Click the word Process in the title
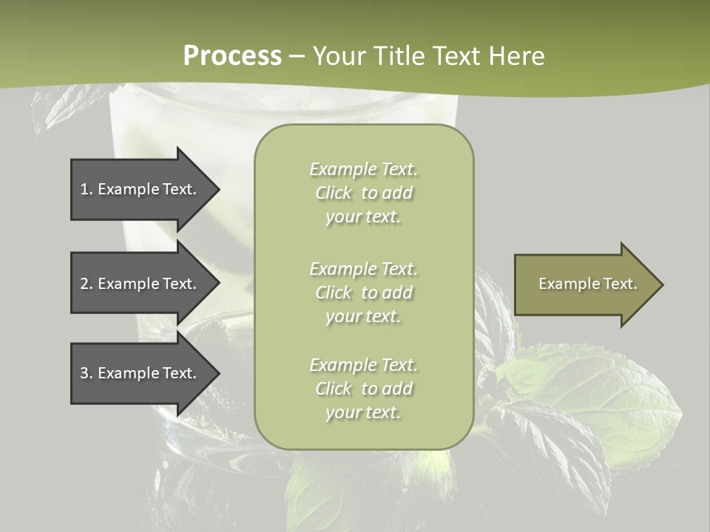[x=232, y=56]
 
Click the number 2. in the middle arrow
[x=87, y=284]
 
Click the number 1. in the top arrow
[x=87, y=189]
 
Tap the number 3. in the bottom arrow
[x=87, y=373]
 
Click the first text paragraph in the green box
[x=363, y=193]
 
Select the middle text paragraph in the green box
[x=363, y=293]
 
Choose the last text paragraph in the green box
[x=363, y=389]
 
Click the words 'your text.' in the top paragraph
[x=363, y=217]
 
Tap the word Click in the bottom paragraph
[x=334, y=389]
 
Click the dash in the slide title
[x=297, y=57]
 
